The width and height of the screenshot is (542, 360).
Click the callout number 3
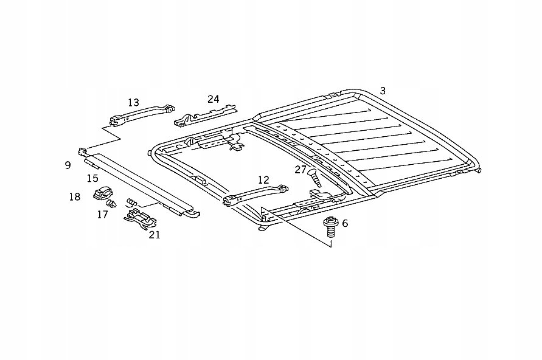point(383,91)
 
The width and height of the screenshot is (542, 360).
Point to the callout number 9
point(68,165)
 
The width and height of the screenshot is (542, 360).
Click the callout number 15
point(92,178)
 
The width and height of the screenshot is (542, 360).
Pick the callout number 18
point(74,196)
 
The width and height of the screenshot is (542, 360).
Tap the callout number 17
point(102,214)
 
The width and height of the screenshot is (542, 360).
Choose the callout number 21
point(155,234)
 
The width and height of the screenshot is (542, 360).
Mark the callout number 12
point(263,180)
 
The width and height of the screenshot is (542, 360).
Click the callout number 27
point(301,170)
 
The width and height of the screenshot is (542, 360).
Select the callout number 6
point(345,223)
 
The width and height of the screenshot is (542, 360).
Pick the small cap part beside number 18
point(101,193)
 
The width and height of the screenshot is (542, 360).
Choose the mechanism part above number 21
point(139,217)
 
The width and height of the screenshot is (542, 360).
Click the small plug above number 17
point(111,203)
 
